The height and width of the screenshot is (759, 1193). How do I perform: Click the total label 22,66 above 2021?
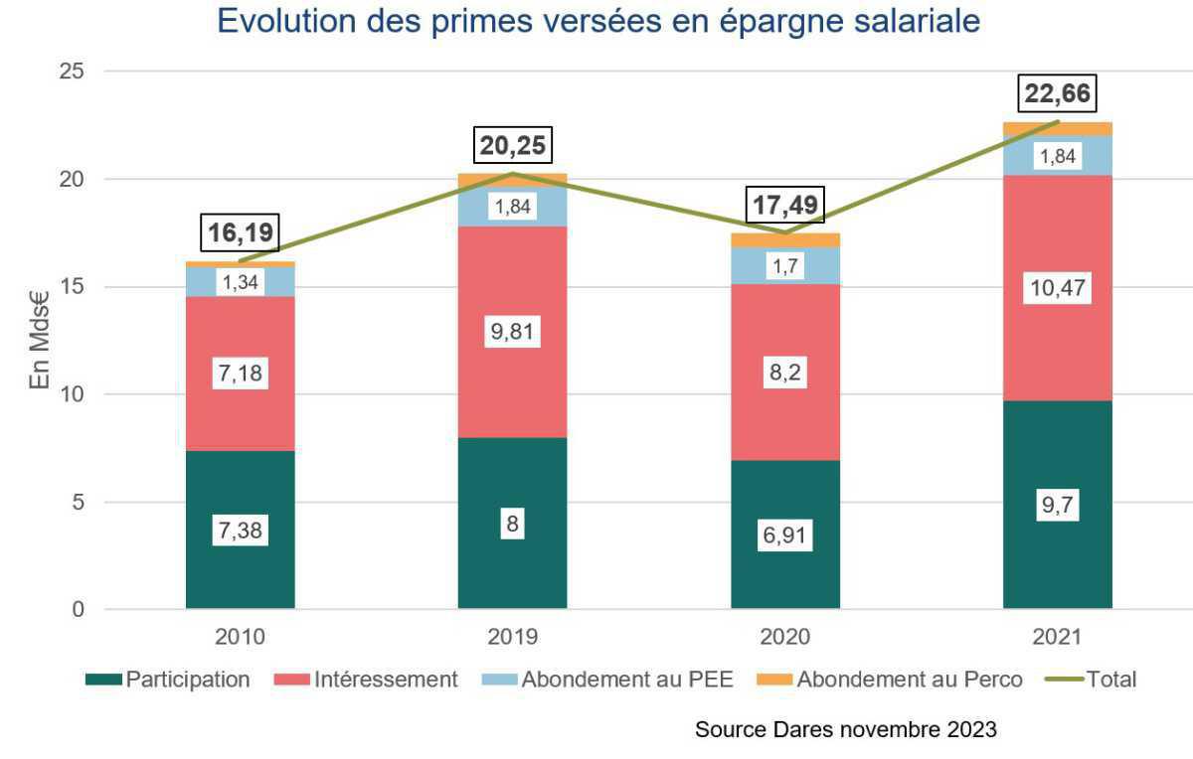click(1059, 94)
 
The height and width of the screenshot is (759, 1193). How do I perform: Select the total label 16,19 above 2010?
click(240, 234)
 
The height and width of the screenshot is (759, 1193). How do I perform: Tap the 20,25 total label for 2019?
click(512, 146)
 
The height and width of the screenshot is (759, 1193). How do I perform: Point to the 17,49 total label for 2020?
click(785, 208)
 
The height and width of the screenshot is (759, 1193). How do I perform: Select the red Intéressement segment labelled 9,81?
click(512, 331)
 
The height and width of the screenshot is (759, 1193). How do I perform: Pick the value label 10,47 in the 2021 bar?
click(1058, 289)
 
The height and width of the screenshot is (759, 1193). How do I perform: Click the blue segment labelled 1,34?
click(240, 282)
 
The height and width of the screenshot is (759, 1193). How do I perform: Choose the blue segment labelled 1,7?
click(785, 265)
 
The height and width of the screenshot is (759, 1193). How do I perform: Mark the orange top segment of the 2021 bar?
click(1058, 129)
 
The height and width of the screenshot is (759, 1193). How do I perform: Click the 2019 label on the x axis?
click(512, 637)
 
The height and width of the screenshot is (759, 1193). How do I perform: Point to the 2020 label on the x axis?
click(785, 637)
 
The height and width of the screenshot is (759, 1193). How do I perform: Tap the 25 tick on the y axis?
click(70, 72)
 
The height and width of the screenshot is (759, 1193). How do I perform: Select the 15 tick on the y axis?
click(70, 287)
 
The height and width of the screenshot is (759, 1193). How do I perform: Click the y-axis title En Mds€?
click(39, 340)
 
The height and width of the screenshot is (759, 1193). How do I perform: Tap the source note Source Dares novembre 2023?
click(845, 730)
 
